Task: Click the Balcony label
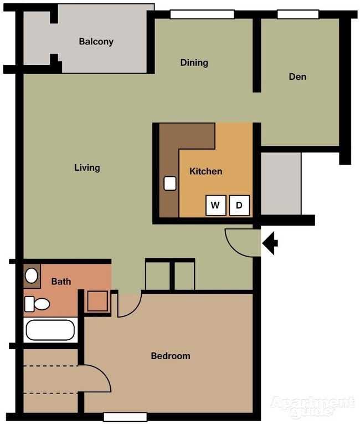96,42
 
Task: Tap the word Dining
194,63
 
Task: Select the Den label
297,76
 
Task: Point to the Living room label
87,167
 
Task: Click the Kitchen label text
205,171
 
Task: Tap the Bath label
61,282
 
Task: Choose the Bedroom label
171,356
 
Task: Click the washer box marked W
215,206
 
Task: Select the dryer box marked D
239,206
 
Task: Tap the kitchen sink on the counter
169,183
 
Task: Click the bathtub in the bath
50,331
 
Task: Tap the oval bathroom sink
32,275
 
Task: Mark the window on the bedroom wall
125,417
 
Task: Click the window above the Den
298,14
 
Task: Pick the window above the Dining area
202,14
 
